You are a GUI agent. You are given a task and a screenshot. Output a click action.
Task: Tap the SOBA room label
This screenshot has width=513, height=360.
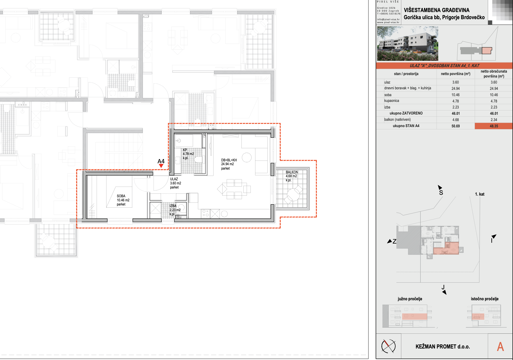[121, 196]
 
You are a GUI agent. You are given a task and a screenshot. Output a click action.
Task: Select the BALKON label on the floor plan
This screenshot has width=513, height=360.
[292, 172]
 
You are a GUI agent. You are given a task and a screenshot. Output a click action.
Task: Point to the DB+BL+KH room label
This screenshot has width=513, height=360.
[229, 160]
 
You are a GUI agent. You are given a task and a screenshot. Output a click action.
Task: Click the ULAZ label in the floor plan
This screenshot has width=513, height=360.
[174, 179]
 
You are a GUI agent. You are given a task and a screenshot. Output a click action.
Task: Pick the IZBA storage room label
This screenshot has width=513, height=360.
[173, 206]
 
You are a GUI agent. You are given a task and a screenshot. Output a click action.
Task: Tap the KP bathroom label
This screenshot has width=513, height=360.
[185, 150]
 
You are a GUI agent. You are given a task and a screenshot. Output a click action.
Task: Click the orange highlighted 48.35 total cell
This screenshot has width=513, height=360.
[494, 126]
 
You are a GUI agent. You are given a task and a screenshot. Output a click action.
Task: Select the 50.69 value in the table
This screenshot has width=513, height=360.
[456, 126]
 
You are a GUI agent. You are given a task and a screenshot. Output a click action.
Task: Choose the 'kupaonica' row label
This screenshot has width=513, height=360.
[391, 101]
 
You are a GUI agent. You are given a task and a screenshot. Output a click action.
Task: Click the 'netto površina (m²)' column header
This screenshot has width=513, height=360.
[456, 74]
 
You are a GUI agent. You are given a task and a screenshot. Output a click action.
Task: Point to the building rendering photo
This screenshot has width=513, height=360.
[408, 44]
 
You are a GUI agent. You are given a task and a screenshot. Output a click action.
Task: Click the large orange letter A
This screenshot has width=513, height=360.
[500, 347]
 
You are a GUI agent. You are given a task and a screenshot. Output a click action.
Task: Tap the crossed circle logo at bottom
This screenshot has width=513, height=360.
[388, 346]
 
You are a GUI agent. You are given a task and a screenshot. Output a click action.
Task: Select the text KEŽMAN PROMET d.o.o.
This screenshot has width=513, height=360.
[443, 347]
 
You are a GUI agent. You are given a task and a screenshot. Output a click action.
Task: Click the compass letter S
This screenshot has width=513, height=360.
[441, 193]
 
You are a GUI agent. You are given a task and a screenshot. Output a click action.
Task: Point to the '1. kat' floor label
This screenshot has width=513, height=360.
[480, 194]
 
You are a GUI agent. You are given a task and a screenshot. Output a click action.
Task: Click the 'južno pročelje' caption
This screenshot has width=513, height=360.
[410, 299]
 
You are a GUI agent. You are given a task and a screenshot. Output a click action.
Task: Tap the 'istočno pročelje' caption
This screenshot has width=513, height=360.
[485, 299]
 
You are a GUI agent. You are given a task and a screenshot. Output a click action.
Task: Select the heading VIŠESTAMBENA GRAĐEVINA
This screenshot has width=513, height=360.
[437, 10]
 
